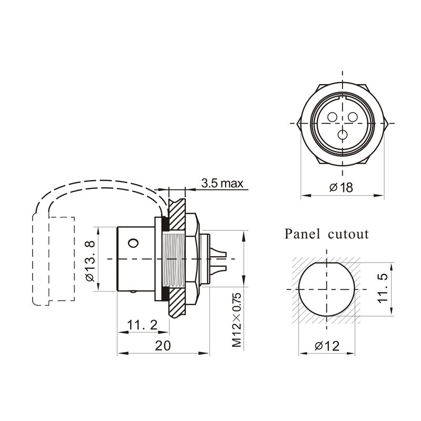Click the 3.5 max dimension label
222,183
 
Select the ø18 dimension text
341,187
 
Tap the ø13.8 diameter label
91,260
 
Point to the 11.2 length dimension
142,325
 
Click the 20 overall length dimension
163,346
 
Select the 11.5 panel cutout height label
383,288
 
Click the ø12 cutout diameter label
327,346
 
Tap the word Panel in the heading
302,234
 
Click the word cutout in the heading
348,235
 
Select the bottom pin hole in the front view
343,135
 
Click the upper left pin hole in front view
333,117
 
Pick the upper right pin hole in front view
353,117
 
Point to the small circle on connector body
134,243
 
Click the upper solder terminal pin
218,253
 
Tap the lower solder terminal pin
218,269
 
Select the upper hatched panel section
176,214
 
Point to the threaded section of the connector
174,259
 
